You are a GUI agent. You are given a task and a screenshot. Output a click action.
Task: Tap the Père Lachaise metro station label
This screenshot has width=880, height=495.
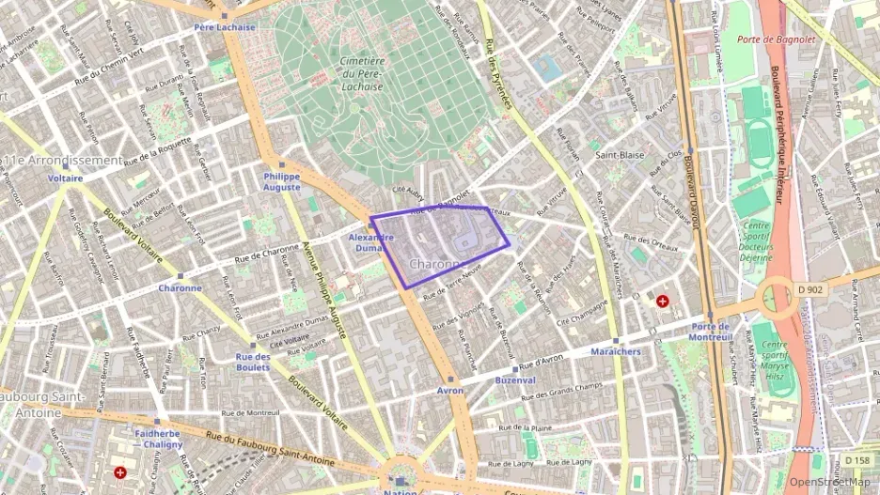(225, 27)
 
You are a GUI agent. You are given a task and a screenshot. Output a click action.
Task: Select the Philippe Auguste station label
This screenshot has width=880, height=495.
(282, 181)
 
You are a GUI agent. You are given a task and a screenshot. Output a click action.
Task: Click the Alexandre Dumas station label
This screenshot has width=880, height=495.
(370, 243)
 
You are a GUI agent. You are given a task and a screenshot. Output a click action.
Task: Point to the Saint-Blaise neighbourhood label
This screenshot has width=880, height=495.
(618, 154)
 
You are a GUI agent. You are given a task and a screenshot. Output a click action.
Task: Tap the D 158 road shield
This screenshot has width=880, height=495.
(856, 460)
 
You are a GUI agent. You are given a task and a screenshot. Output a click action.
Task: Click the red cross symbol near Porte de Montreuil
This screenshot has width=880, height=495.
(663, 301)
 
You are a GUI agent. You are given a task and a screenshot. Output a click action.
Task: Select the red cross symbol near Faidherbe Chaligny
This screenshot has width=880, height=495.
(119, 472)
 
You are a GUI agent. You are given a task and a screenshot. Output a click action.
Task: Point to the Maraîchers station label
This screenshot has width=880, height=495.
(616, 351)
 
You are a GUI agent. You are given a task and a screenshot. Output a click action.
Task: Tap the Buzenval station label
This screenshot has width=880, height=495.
(515, 380)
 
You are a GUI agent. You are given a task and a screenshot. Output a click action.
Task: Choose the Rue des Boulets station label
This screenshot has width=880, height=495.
(253, 362)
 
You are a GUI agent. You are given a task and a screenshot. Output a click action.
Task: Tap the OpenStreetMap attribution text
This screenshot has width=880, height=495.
(830, 482)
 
